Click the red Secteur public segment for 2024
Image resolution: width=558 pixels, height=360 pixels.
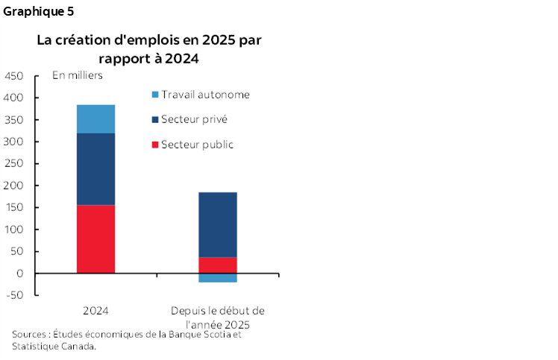point(95,239)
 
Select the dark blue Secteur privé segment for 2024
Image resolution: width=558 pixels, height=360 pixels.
point(95,169)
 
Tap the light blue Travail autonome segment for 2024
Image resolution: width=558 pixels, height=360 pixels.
point(95,119)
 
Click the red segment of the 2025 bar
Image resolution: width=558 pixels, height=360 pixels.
point(217,265)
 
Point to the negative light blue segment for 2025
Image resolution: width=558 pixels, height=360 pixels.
point(217,278)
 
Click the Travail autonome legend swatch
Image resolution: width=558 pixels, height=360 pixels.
point(155,95)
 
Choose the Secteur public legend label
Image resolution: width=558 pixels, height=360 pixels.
point(198,144)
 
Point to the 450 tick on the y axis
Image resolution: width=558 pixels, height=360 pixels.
point(13,76)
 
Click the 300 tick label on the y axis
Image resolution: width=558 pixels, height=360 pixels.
point(13,142)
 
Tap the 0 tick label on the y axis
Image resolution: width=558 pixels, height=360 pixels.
point(20,274)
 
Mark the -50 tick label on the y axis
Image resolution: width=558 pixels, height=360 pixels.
point(15,295)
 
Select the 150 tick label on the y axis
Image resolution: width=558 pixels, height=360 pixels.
point(13,207)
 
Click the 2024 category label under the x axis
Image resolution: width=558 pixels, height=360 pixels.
point(95,310)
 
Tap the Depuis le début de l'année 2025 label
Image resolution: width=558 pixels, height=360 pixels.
point(217,318)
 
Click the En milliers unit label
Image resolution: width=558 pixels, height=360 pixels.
point(77,75)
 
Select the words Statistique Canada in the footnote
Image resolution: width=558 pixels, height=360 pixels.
point(54,345)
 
